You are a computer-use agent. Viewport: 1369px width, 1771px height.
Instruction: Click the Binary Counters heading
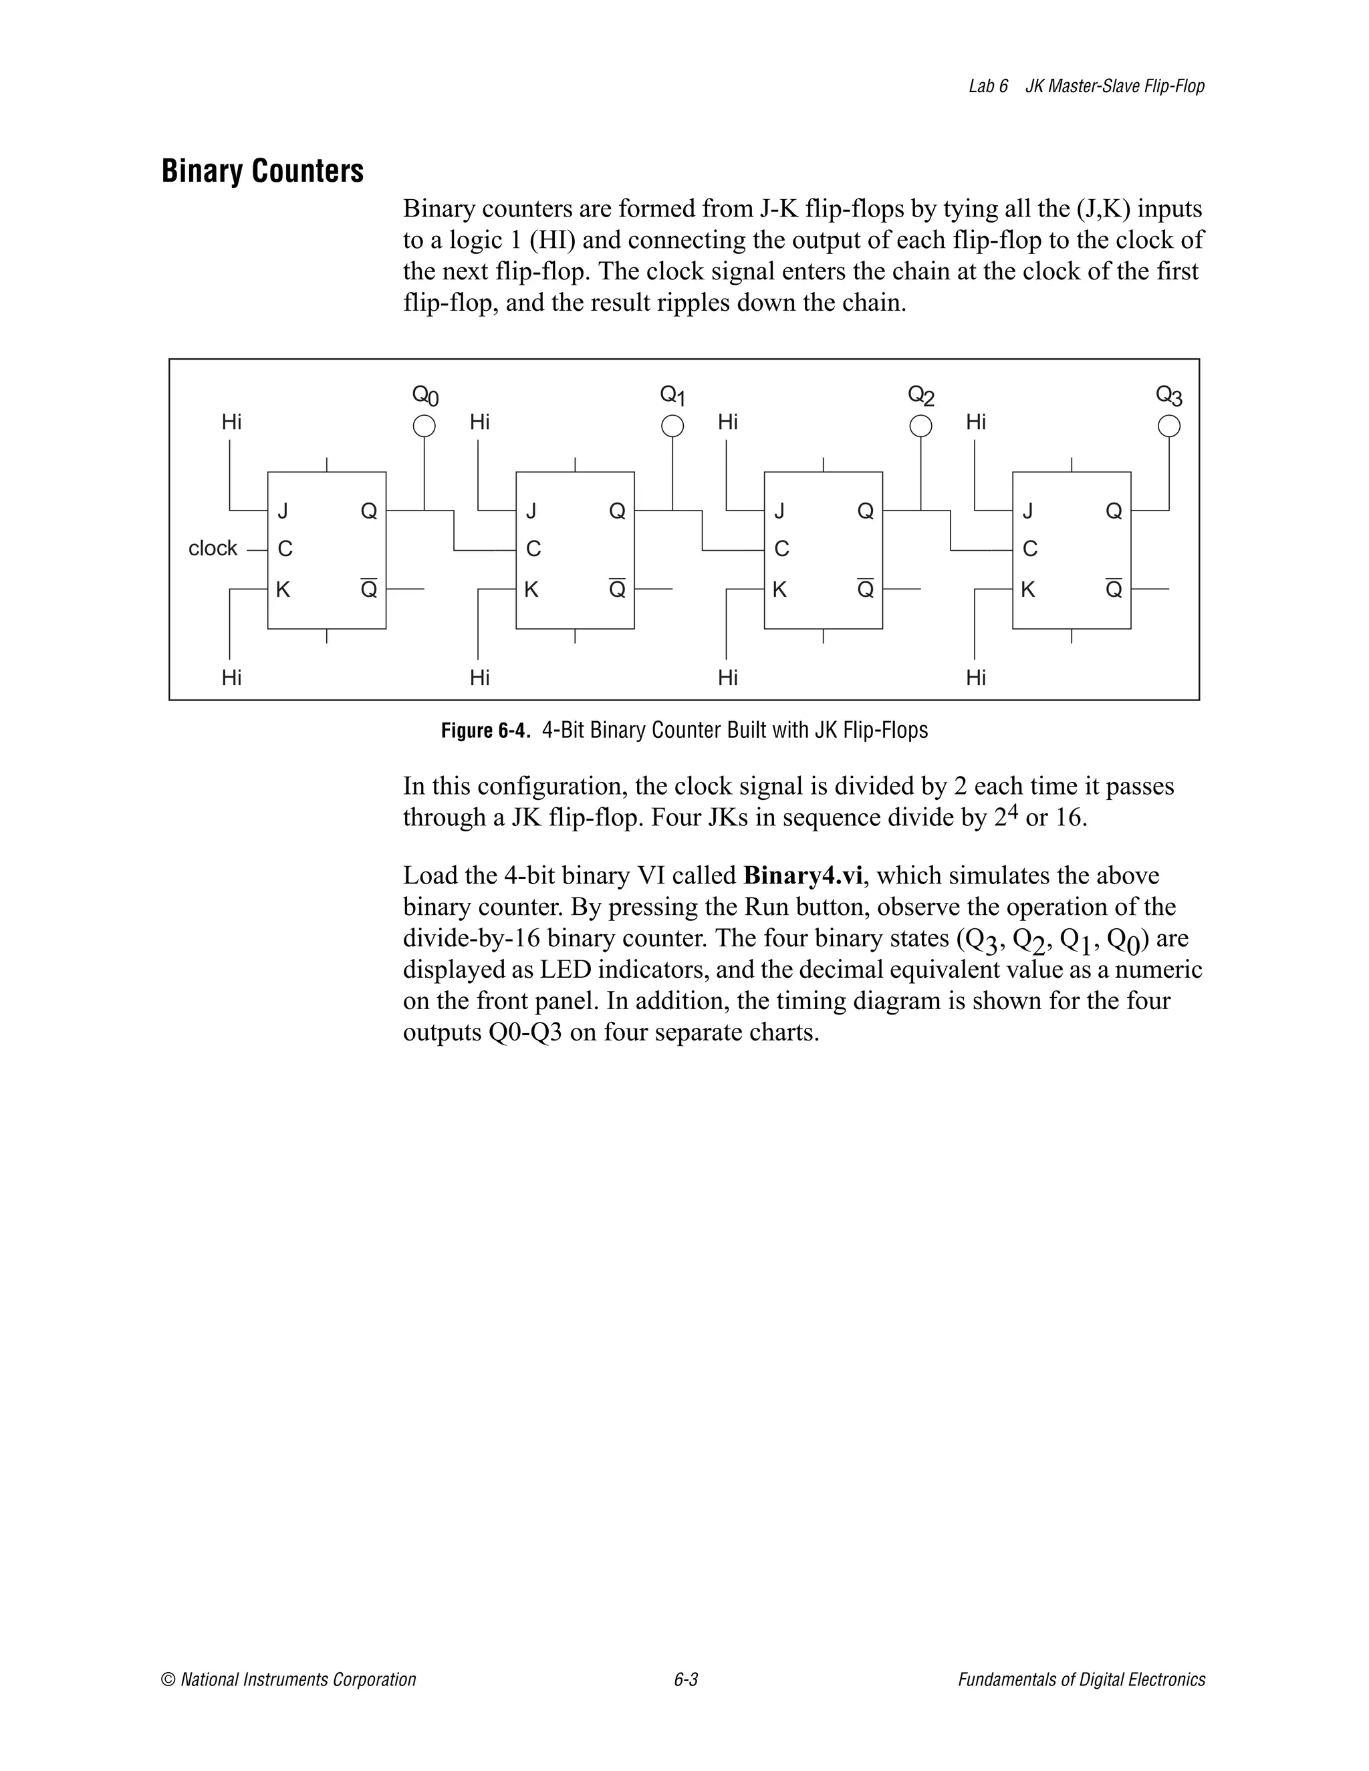pos(262,171)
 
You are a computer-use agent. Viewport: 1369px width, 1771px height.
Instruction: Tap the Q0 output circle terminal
pos(424,426)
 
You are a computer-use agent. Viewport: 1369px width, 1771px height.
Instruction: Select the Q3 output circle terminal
pos(1168,426)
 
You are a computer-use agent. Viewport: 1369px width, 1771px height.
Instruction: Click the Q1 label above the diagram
pos(672,396)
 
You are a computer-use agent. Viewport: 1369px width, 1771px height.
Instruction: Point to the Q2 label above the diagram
pos(920,396)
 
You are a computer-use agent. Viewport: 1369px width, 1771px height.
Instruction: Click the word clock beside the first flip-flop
pos(213,549)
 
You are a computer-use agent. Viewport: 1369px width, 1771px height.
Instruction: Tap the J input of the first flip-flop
pos(283,511)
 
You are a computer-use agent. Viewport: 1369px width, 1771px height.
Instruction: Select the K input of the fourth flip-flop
pos(1027,589)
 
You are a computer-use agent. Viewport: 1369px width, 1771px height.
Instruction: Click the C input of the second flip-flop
pos(533,549)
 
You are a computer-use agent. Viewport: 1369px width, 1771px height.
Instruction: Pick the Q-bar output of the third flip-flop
pos(866,589)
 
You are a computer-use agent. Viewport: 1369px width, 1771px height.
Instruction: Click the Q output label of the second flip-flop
pos(617,511)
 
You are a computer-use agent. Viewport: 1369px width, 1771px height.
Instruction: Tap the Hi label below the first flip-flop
pos(232,677)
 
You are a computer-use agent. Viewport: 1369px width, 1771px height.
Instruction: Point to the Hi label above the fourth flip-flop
pos(976,422)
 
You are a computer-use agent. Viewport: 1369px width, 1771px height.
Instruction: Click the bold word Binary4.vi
pos(801,875)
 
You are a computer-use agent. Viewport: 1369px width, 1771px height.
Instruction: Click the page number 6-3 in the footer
pos(685,1679)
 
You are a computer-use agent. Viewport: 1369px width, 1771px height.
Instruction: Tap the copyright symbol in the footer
pos(168,1679)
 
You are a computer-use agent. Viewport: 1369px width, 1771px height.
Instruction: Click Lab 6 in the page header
pos(988,86)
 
